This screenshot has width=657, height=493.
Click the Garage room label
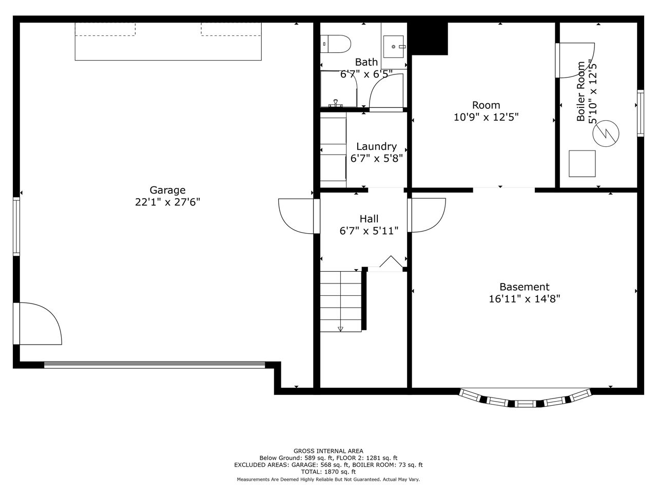pyautogui.click(x=167, y=190)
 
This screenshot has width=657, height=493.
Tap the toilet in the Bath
pyautogui.click(x=335, y=44)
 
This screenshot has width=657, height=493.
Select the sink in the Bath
pyautogui.click(x=394, y=47)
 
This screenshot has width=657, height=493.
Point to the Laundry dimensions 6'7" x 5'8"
pyautogui.click(x=377, y=158)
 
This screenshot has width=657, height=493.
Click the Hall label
pyautogui.click(x=369, y=219)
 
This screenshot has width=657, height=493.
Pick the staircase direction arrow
pyautogui.click(x=340, y=329)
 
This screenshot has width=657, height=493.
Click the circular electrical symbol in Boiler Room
pyautogui.click(x=606, y=134)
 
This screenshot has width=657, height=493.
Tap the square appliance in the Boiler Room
pyautogui.click(x=582, y=164)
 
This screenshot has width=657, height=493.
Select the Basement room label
pyautogui.click(x=525, y=287)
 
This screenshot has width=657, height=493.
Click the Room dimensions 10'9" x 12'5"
pyautogui.click(x=486, y=117)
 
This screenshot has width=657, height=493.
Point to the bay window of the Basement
pyautogui.click(x=525, y=399)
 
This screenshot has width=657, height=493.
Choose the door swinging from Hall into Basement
pyautogui.click(x=427, y=215)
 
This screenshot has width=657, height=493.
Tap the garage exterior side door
pyautogui.click(x=37, y=324)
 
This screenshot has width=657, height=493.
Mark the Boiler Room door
pyautogui.click(x=575, y=60)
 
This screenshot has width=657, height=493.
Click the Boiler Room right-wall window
pyautogui.click(x=640, y=113)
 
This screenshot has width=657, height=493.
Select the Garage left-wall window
pyautogui.click(x=16, y=226)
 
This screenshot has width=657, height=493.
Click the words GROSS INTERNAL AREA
pyautogui.click(x=328, y=451)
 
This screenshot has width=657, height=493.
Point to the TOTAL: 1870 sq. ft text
pyautogui.click(x=328, y=472)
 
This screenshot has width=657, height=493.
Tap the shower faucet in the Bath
pyautogui.click(x=336, y=103)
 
